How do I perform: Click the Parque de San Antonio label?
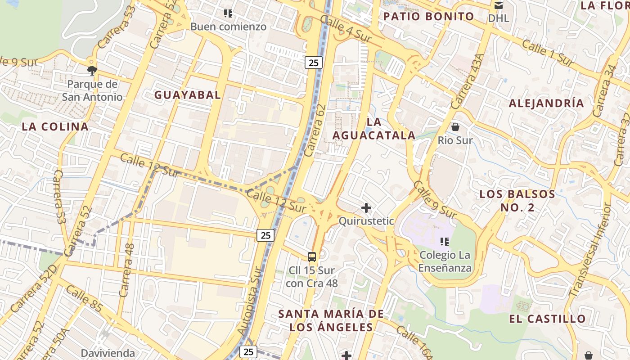[x=92, y=90]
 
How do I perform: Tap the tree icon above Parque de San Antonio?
[x=92, y=70]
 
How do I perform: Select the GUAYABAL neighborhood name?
[x=188, y=95]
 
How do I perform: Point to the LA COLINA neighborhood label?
[x=55, y=127]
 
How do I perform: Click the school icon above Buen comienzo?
[x=228, y=13]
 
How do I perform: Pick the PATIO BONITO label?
[x=428, y=17]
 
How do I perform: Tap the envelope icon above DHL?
[x=499, y=5]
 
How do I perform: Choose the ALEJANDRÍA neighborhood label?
[x=546, y=103]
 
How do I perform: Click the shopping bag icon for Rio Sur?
[x=455, y=127]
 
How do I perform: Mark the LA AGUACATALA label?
[x=374, y=129]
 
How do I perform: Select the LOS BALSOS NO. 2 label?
[x=517, y=201]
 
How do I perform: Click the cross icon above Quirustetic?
[x=366, y=208]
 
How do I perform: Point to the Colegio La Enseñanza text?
[x=445, y=261]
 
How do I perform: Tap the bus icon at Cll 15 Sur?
[x=312, y=257]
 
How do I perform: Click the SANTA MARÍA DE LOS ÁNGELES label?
[x=331, y=320]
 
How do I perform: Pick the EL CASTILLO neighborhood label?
[x=547, y=319]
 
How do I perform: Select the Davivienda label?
[x=108, y=353]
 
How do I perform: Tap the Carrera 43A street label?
[x=468, y=81]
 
